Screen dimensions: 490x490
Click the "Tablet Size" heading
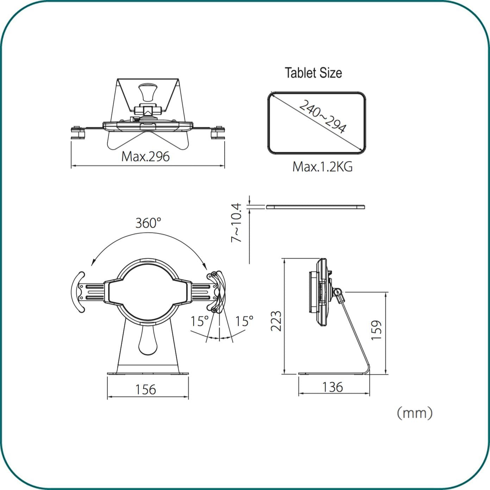tap(313, 73)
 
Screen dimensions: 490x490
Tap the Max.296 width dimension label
tap(145, 157)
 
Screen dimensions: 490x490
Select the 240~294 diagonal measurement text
tap(322, 117)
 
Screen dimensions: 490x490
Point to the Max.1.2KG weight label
tap(322, 167)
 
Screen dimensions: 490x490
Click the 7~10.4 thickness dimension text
tap(236, 222)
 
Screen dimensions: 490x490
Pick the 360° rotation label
tap(148, 223)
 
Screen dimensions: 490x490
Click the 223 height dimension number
tap(276, 321)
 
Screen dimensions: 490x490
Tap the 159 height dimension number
tap(377, 330)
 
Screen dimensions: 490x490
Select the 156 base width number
tap(145, 389)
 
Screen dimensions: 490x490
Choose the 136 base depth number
tap(333, 387)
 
